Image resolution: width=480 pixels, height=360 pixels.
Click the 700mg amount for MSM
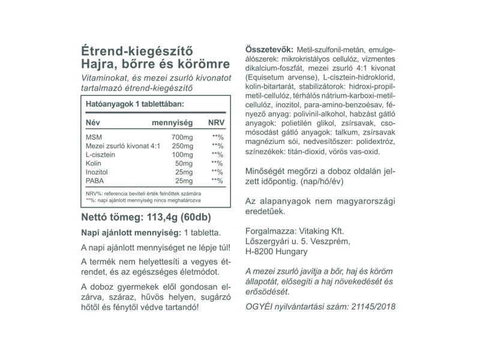182,137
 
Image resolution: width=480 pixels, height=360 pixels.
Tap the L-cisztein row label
101,155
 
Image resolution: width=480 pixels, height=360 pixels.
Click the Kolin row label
94,163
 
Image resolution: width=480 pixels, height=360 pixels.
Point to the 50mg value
184,163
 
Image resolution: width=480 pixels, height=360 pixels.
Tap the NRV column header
215,122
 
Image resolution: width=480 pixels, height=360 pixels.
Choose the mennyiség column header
172,122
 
